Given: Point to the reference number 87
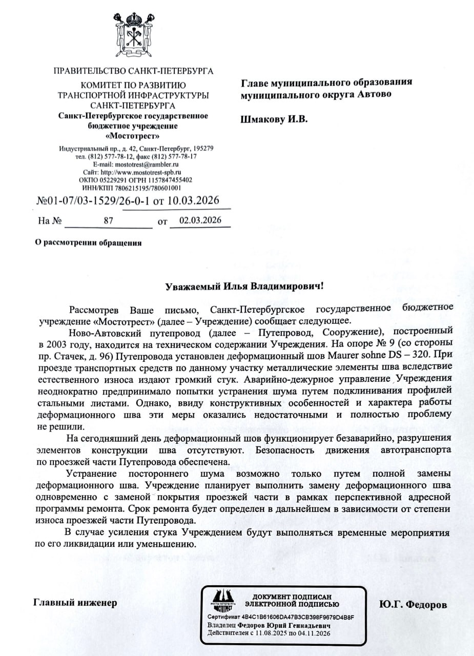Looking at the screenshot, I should [x=108, y=221].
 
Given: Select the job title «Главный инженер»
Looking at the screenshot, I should [x=75, y=603].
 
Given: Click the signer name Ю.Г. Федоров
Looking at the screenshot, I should [x=413, y=604].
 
